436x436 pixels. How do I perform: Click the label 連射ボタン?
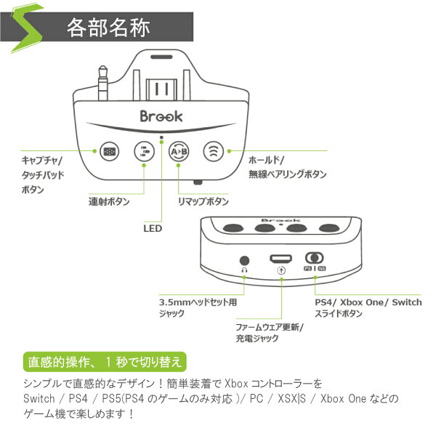coord(109,201)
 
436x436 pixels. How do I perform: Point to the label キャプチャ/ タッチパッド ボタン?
coord(43,174)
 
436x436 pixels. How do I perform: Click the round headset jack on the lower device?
coord(245,259)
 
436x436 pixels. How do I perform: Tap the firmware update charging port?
coord(280,259)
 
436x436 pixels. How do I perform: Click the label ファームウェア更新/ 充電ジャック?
coord(269,334)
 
